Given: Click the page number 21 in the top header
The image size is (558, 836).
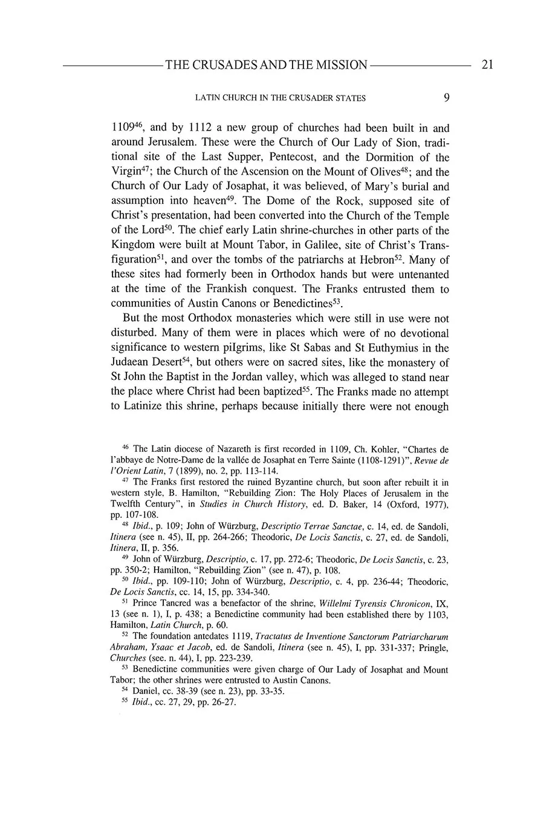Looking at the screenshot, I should [487, 65].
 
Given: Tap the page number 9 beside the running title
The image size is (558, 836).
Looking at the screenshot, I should [446, 97].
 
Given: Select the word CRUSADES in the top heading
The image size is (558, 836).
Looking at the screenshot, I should [227, 65].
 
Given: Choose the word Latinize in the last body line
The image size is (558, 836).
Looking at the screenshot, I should [143, 406].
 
